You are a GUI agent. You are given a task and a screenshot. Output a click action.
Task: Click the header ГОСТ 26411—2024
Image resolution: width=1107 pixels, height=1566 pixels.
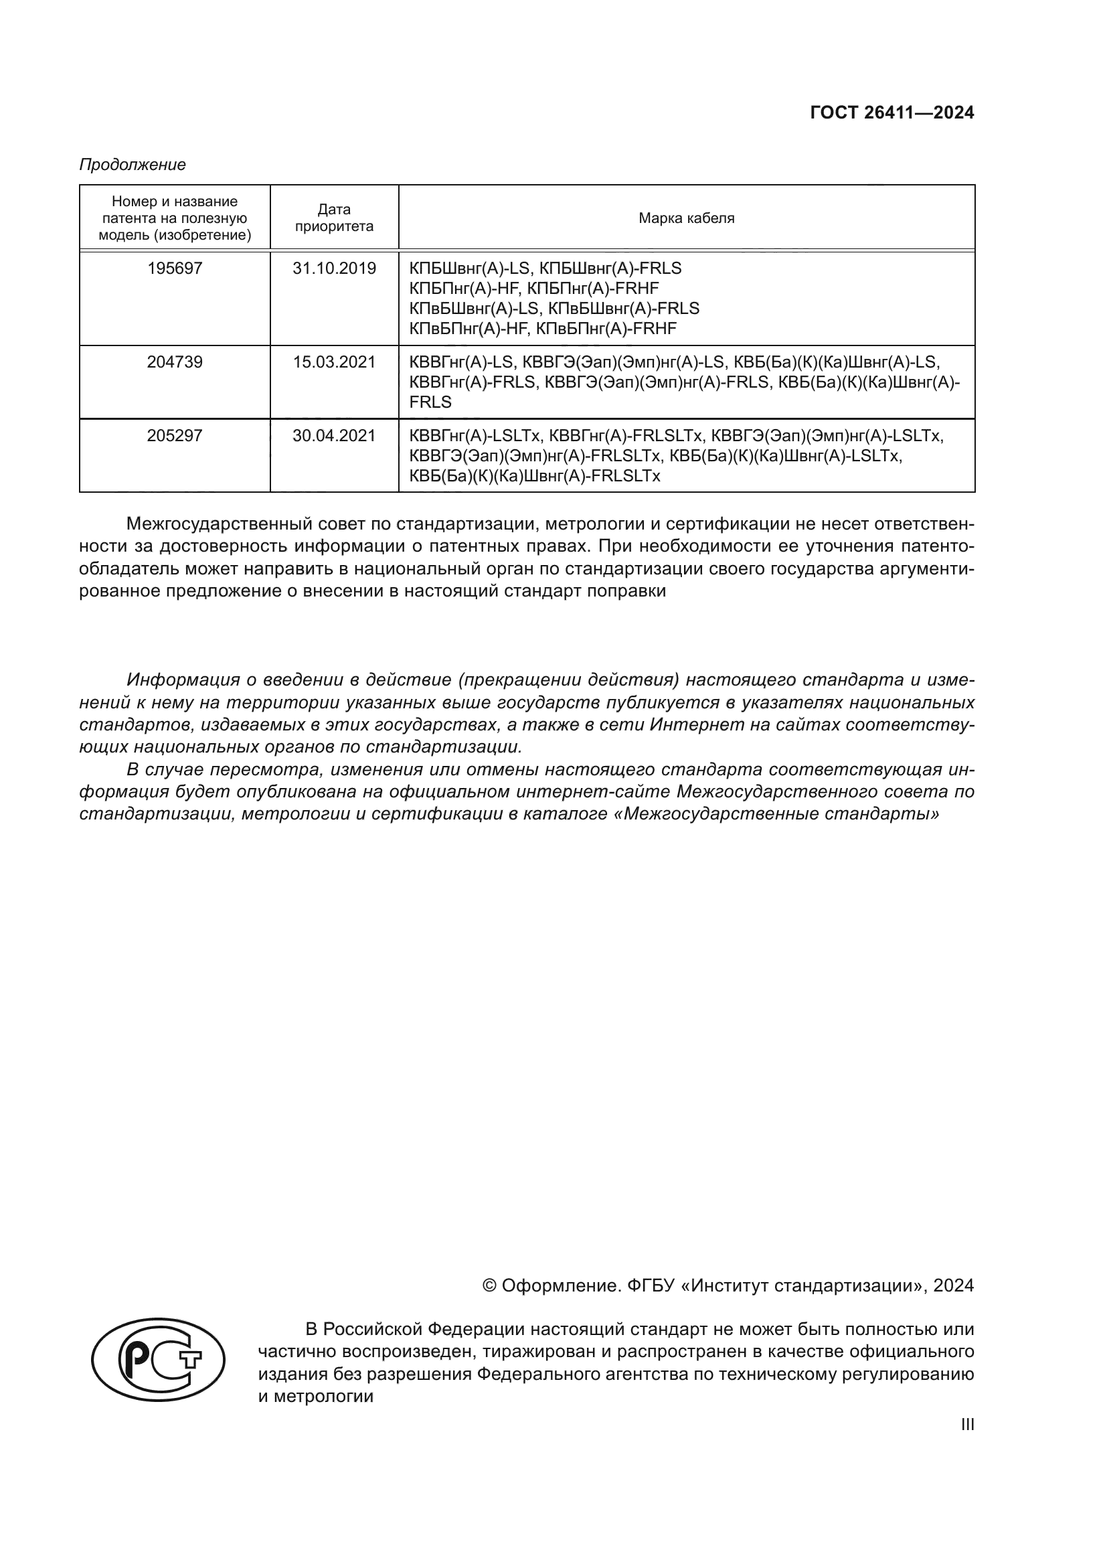click(891, 113)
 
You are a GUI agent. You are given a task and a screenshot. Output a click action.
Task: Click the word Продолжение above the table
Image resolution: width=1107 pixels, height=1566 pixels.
click(133, 165)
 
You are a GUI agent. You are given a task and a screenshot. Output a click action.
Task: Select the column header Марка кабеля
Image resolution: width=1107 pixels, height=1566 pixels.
click(687, 218)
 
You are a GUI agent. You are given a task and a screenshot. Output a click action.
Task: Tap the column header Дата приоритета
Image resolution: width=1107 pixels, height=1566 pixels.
click(334, 218)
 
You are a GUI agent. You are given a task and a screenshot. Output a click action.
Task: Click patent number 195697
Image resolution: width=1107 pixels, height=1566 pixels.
click(175, 268)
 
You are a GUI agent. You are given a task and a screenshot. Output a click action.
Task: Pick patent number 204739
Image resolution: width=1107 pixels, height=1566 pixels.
click(175, 362)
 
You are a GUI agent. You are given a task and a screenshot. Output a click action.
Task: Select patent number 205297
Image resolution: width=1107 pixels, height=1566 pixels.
click(175, 436)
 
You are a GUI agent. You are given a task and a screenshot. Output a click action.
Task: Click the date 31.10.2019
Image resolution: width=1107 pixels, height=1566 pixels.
click(334, 268)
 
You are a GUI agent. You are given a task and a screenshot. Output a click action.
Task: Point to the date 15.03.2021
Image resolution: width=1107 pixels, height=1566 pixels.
click(334, 362)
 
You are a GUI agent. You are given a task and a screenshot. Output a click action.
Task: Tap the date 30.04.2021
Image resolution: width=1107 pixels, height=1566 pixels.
click(334, 436)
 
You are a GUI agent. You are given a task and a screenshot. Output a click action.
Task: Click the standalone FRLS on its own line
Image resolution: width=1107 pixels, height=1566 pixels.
click(430, 402)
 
